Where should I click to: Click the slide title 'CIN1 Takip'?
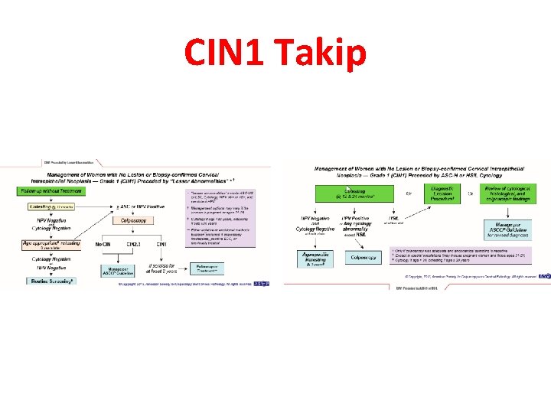tap(275, 54)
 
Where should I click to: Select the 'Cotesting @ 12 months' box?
tap(50, 206)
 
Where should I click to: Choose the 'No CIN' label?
tap(104, 244)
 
